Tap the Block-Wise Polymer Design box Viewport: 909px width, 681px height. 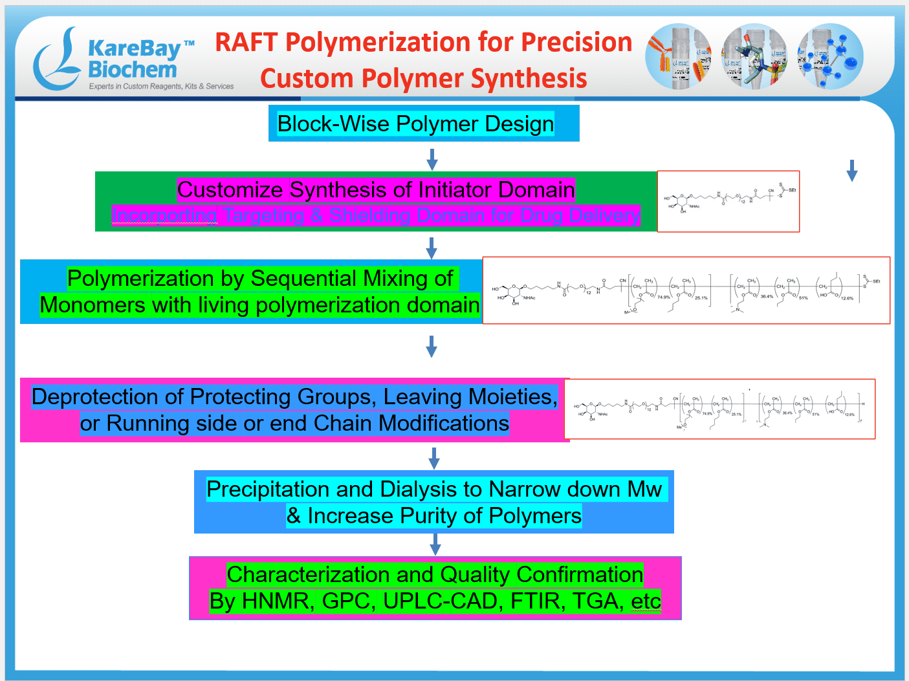coord(423,124)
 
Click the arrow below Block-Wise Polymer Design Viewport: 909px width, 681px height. coord(432,159)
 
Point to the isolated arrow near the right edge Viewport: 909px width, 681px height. coord(851,171)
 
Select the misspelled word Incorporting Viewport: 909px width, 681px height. coord(164,215)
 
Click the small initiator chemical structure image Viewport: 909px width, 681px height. coord(728,201)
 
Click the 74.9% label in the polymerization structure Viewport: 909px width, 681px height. coord(663,297)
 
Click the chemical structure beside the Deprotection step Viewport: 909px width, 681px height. coord(719,409)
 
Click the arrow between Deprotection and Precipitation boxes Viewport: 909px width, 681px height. coord(434,458)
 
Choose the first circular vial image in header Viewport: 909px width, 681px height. coord(679,57)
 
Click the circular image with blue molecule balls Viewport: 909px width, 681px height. coord(830,57)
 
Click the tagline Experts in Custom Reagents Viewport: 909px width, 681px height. coord(161,87)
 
